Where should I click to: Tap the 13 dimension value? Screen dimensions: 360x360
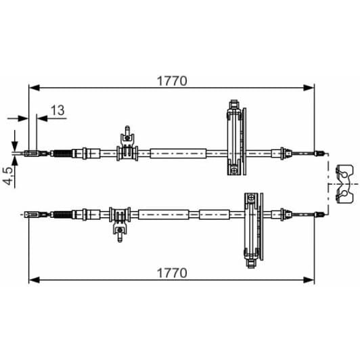click(x=58, y=110)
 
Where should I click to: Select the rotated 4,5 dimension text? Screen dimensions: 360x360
click(x=9, y=176)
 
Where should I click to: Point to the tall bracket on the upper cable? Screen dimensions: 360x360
click(x=233, y=138)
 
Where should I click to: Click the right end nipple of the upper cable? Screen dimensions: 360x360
click(x=321, y=154)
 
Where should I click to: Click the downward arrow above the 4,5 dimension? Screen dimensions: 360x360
click(x=13, y=143)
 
